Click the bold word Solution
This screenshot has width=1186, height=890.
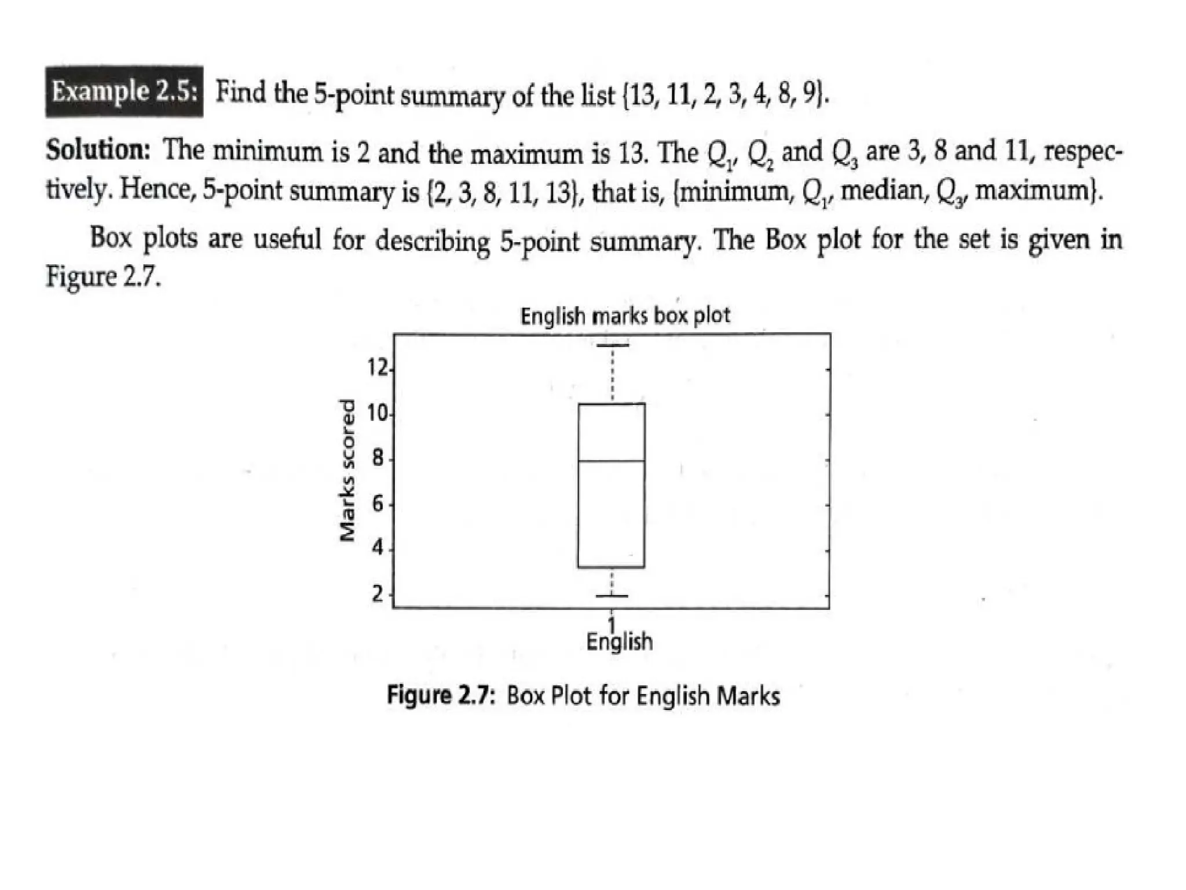coord(98,151)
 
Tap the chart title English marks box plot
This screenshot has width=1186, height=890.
coord(625,316)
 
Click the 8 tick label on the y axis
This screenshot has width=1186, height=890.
coord(378,459)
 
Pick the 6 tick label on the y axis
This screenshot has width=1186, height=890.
coord(378,505)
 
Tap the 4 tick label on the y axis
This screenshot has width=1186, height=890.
coord(378,548)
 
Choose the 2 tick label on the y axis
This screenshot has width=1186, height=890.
coord(378,594)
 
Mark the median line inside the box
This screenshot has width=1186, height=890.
coord(612,461)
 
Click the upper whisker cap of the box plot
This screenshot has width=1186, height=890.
coord(613,345)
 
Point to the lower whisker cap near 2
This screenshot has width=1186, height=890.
coord(612,596)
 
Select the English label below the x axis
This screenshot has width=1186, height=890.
coord(619,642)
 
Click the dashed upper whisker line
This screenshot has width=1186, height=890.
coord(613,374)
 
